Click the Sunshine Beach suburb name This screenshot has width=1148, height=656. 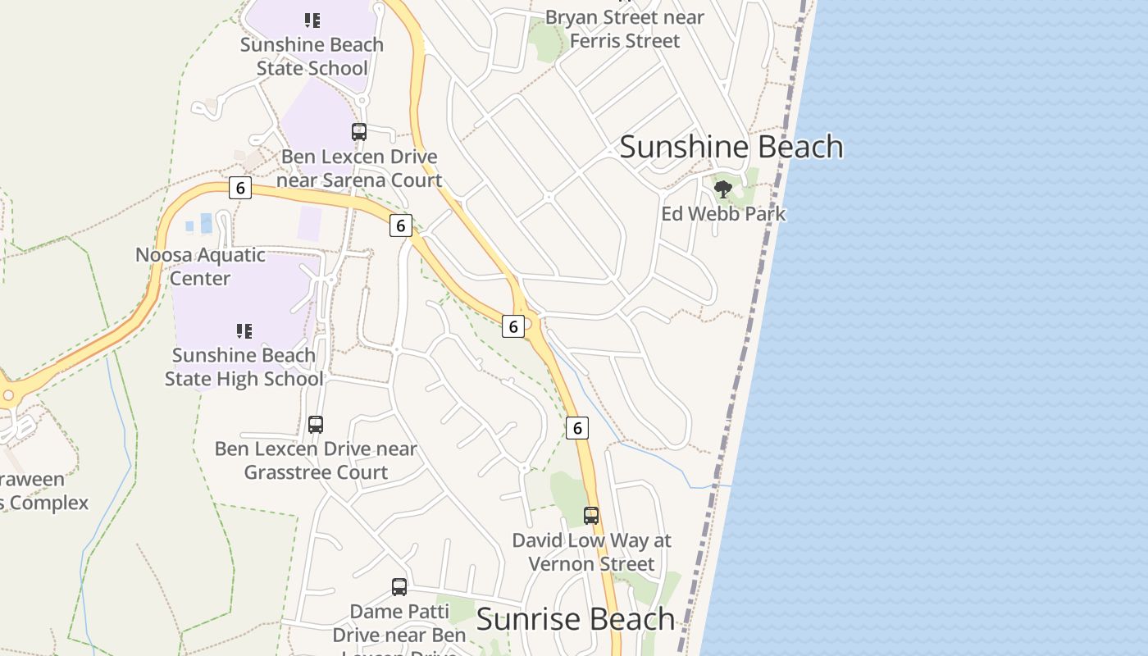click(x=731, y=147)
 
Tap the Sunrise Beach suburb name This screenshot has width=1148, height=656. click(x=575, y=619)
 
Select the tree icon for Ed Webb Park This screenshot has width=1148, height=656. click(x=722, y=190)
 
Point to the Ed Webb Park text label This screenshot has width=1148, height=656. click(x=723, y=214)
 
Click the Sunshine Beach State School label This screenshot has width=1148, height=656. click(x=312, y=57)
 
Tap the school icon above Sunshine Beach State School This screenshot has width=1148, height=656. click(x=312, y=20)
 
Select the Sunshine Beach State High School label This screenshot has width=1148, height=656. click(x=244, y=367)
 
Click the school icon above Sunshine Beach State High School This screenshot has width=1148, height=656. click(x=244, y=331)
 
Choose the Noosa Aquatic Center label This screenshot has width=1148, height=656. click(x=200, y=266)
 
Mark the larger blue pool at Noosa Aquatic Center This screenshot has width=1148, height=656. click(x=206, y=223)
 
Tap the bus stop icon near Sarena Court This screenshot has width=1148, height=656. click(x=358, y=132)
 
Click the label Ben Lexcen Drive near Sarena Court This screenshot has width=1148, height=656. click(x=359, y=168)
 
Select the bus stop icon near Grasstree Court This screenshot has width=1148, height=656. click(x=316, y=425)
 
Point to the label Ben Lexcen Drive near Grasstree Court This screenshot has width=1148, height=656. click(x=316, y=461)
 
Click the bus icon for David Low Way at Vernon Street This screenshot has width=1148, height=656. click(x=591, y=516)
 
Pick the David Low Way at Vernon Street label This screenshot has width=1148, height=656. click(x=591, y=552)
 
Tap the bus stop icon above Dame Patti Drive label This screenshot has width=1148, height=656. click(x=399, y=587)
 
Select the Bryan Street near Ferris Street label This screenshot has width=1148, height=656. click(x=625, y=29)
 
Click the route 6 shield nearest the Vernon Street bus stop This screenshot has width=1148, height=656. click(x=577, y=428)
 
